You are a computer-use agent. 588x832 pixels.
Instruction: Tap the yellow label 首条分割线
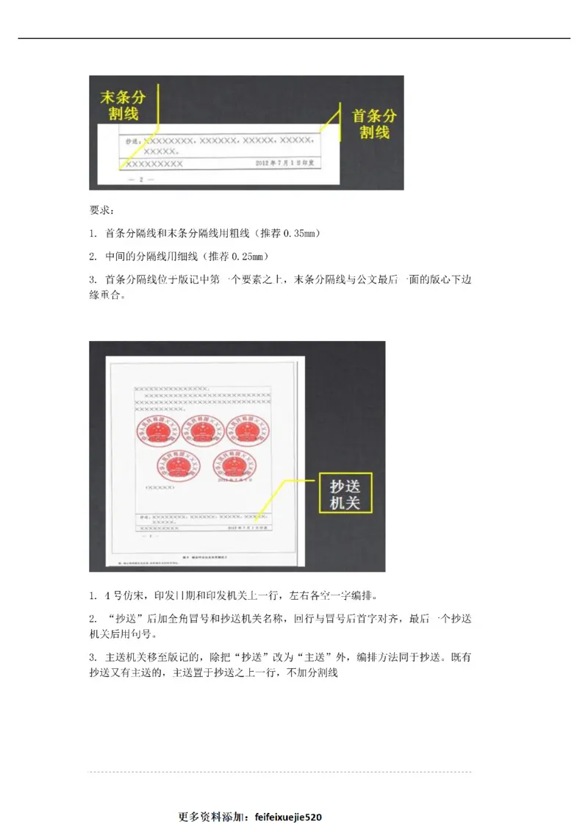374,123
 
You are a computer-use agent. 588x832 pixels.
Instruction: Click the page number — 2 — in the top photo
137,179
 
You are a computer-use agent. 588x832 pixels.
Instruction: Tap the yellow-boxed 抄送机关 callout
345,492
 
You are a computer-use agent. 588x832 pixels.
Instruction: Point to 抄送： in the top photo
133,140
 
